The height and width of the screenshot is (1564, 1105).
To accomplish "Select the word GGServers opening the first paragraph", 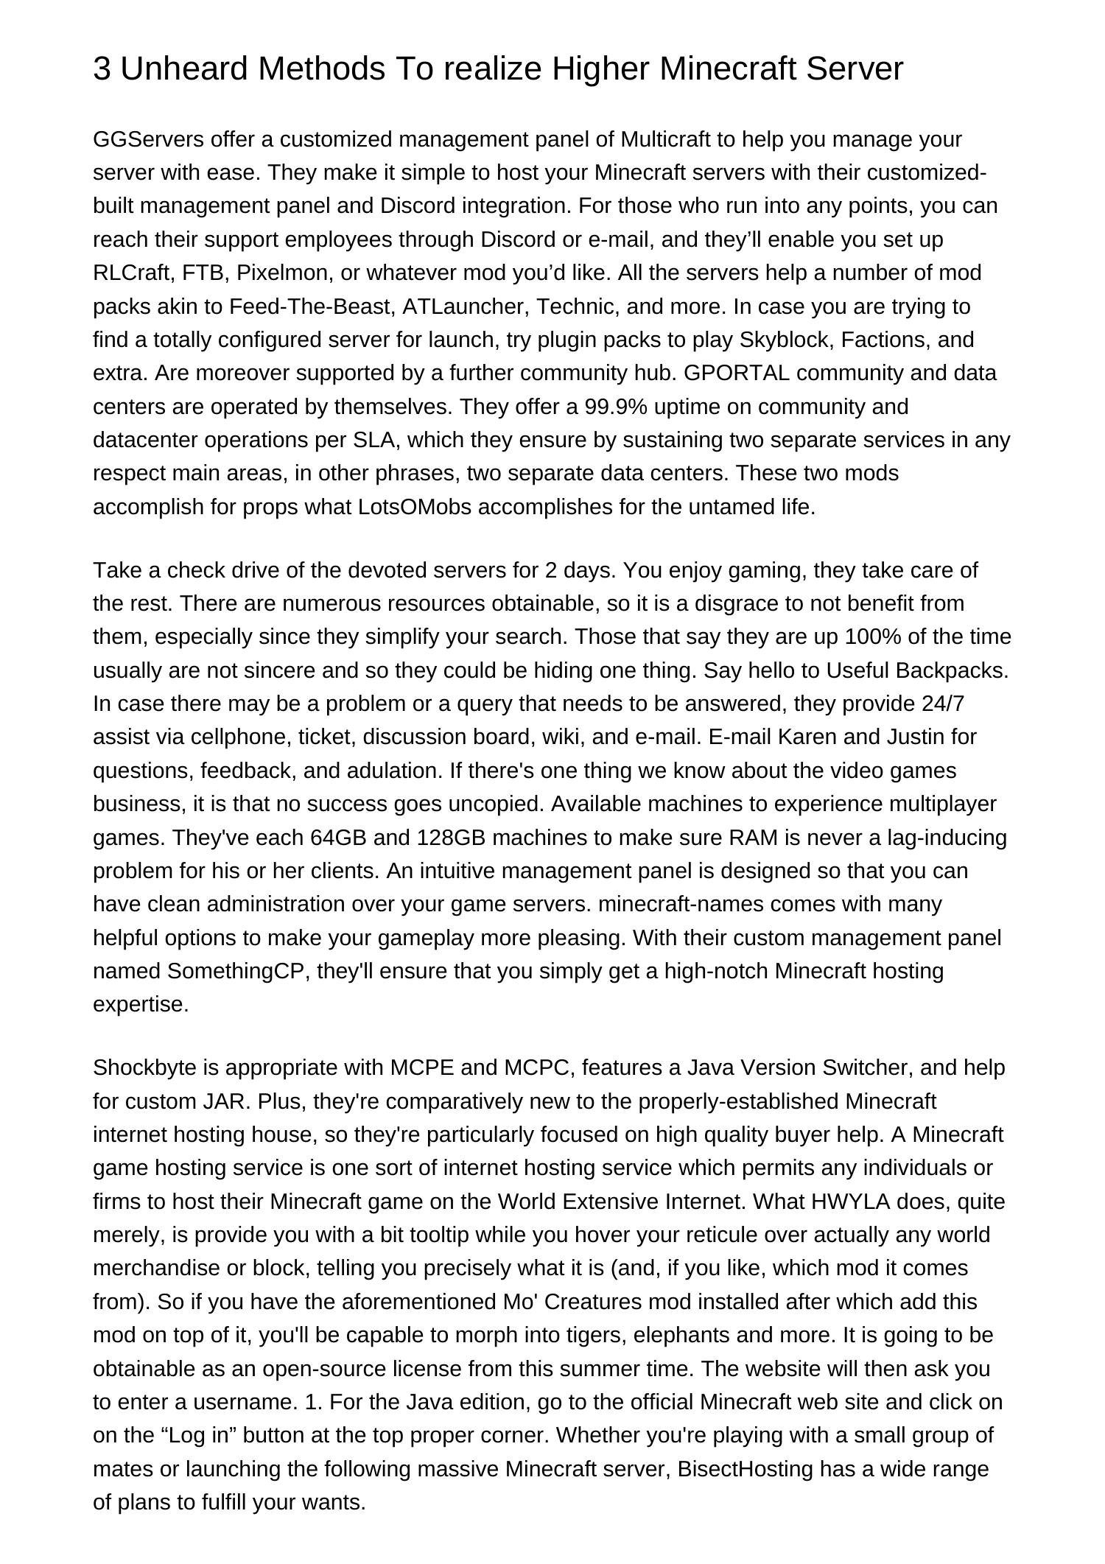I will tap(148, 139).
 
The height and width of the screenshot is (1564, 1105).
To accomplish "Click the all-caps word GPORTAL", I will tap(737, 374).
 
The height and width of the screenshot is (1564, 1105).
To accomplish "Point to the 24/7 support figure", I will tap(943, 704).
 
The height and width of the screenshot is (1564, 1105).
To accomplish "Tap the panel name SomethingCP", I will tap(236, 971).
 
